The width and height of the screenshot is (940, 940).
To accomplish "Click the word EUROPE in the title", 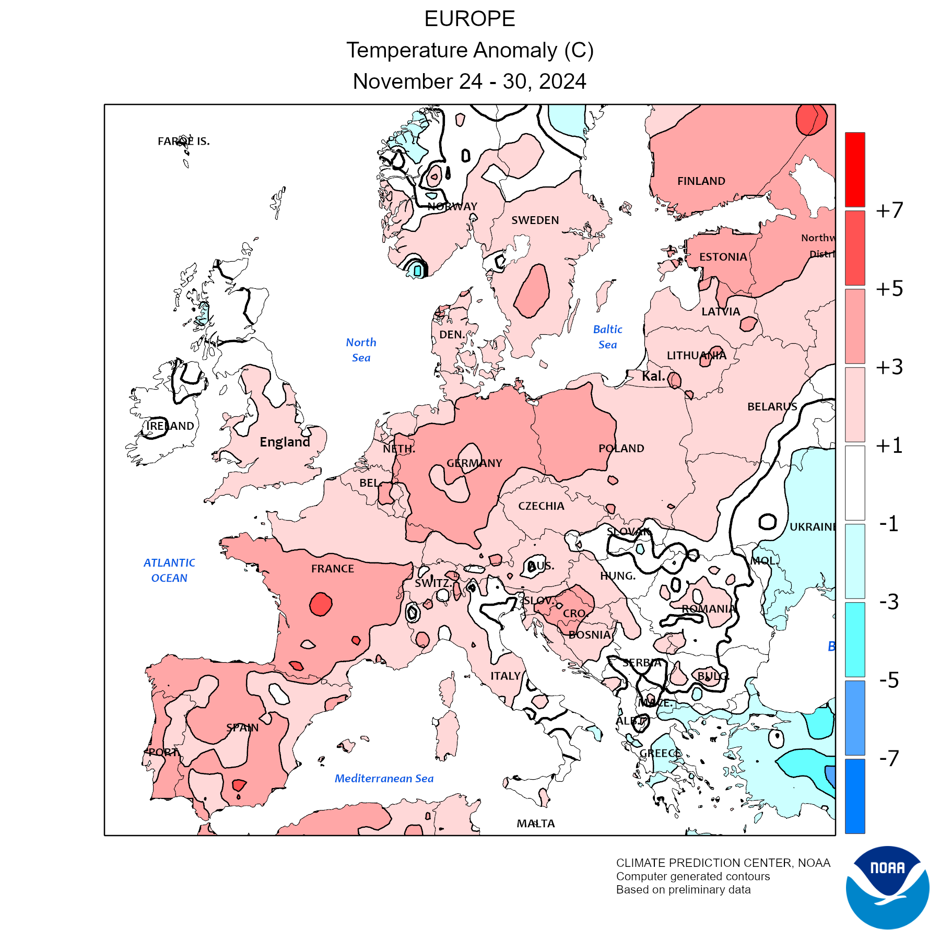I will pos(469,19).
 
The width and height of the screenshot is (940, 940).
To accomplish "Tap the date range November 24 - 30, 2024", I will pos(469,81).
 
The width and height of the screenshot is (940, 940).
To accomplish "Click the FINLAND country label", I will pos(701,181).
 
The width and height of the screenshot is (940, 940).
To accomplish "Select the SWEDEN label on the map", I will pos(535,220).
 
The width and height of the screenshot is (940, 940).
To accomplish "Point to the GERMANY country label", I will pos(474,463).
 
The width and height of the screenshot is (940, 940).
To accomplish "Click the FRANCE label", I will pos(333,569).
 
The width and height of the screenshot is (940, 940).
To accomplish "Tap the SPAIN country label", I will pos(242,727).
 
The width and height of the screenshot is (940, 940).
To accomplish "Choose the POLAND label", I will pos(621,448).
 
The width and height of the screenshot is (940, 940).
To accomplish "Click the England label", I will pos(285,442).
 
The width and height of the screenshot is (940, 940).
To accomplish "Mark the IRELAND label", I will pos(170,426).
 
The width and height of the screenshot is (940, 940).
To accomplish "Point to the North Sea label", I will pos(361,350).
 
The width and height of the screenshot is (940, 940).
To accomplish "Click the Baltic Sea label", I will pos(607,337).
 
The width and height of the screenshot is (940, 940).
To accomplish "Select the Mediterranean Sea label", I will pos(384,779).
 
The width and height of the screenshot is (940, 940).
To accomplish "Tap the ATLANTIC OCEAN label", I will pos(169,570).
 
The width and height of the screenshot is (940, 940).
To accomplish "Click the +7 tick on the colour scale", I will pos(889,210).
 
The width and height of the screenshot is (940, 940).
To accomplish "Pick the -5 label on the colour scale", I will pos(889,680).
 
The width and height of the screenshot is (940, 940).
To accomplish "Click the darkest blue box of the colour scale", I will pos(855,796).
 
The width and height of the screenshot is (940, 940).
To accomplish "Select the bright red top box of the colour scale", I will pos(855,170).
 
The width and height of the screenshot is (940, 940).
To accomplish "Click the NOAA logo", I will pos(887,887).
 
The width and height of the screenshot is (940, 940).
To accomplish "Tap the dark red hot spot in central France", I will pos(321,604).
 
